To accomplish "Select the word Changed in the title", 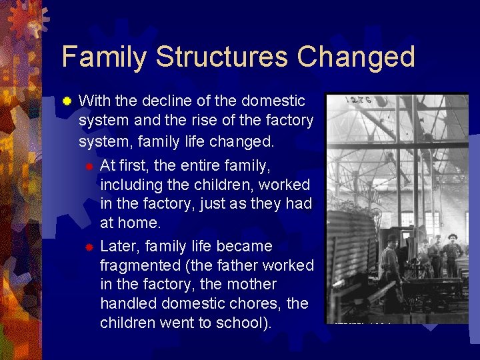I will tap(357, 57).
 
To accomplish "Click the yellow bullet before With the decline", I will tap(67, 102).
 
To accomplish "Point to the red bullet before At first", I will tap(88, 165).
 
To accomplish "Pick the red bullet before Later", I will tap(88, 247).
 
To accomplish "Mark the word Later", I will tap(119, 246).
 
